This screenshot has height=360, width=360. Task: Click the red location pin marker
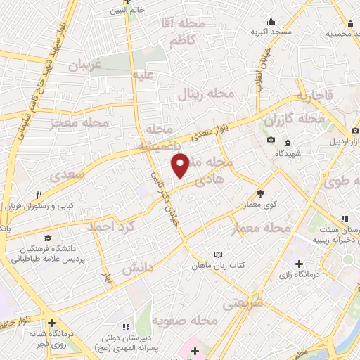181,166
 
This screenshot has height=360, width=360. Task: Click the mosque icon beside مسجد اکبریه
272,22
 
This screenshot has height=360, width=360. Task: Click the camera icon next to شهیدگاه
271,139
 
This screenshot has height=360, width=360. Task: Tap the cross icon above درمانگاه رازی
300,265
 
